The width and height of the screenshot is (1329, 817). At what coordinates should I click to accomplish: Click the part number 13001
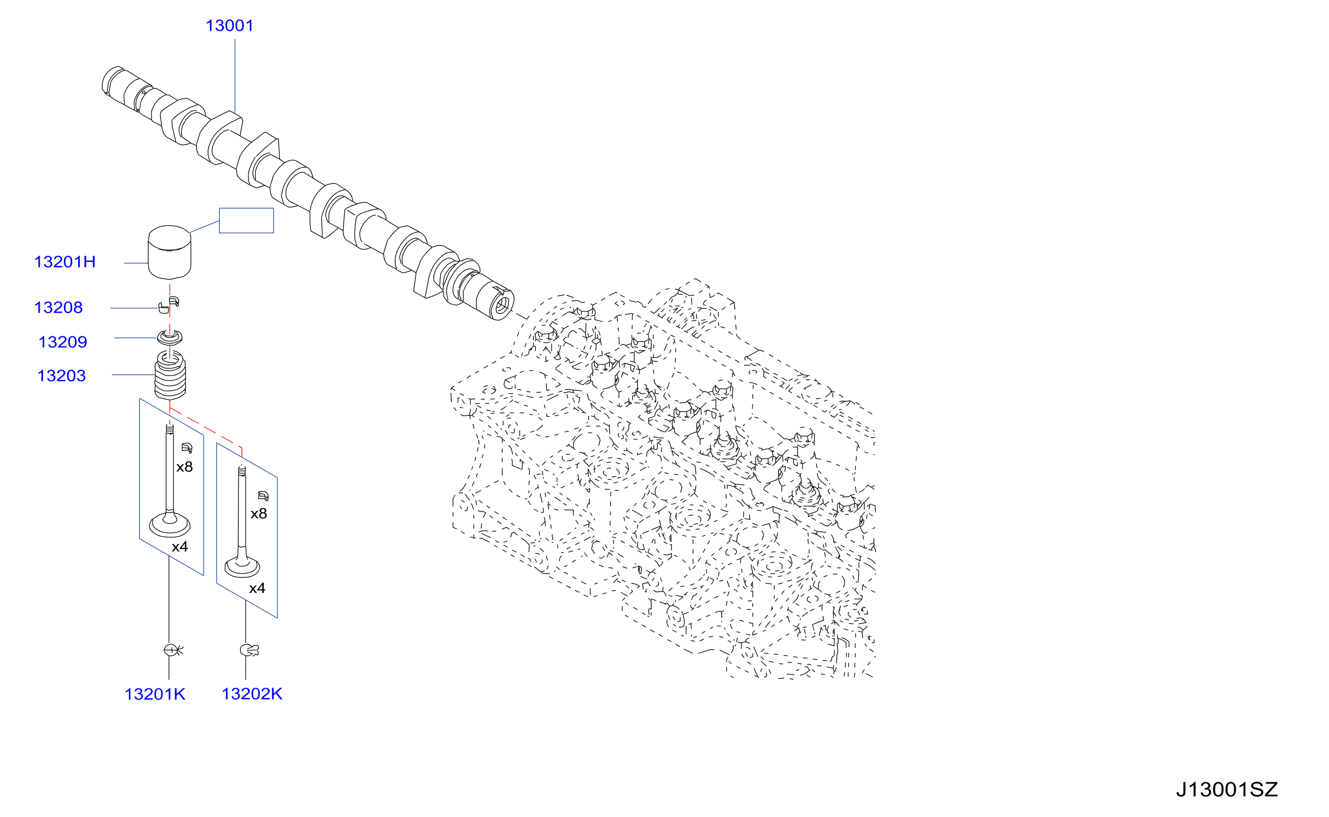pos(229,26)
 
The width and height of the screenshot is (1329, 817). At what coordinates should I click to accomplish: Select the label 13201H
pos(65,262)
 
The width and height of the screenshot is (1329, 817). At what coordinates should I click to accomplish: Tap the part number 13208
pos(58,308)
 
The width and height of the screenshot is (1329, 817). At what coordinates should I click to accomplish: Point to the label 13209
pos(63,342)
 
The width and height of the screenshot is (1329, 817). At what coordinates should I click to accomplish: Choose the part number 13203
pos(62,376)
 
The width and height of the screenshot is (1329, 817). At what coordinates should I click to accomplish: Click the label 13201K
pos(155,694)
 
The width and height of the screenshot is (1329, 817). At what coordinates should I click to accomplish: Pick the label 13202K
pos(252,694)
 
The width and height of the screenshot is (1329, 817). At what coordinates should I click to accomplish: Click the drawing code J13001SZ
pos(1227,790)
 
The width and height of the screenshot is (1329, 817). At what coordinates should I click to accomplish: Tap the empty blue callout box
pos(246,220)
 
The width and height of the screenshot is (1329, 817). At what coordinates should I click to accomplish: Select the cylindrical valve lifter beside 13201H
pos(170,252)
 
